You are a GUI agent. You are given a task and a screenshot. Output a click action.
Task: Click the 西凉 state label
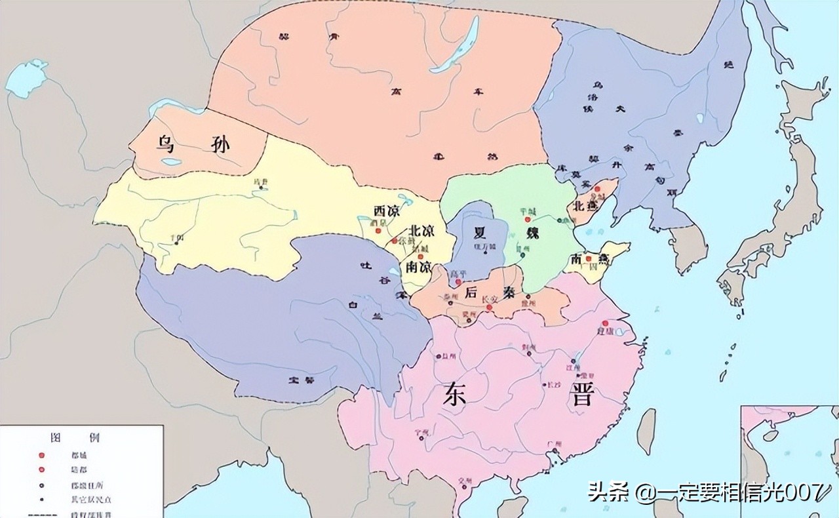pos(386,211)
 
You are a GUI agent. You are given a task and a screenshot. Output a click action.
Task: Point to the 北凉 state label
pos(422,231)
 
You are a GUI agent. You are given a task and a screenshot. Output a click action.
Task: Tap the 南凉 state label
pos(418,268)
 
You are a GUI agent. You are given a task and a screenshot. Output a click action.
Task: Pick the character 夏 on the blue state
pos(477,233)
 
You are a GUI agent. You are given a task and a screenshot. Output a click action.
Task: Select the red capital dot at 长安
pos(489,307)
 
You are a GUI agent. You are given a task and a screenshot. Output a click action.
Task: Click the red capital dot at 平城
pos(527,220)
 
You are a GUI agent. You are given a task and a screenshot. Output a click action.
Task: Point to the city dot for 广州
pos(550,452)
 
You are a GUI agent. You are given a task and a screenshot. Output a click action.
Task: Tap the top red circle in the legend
pos(42,454)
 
